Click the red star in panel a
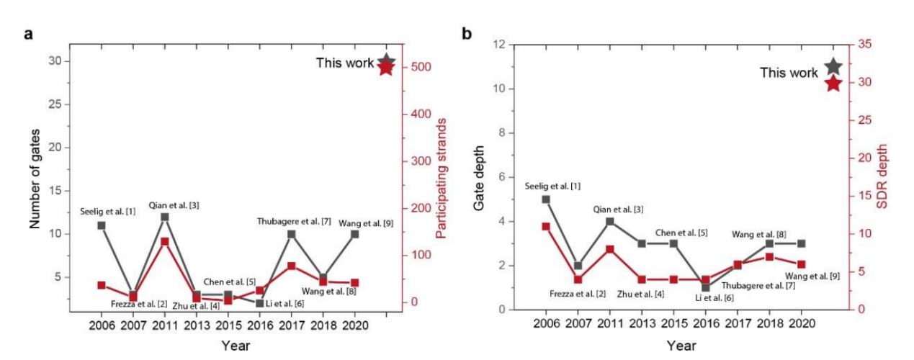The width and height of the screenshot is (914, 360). coord(386,68)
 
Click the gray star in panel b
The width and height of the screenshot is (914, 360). coord(833,67)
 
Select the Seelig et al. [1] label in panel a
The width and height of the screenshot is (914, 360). coord(107,211)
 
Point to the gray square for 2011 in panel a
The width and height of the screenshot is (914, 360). coord(165,217)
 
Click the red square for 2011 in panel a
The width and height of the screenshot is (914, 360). coord(165,242)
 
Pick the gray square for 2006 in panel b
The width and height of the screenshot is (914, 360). coord(546,199)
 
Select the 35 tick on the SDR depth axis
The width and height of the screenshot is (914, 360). coord(860,45)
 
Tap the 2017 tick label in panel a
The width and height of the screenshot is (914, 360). coord(291,325)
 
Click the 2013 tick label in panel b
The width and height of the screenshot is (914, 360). coord(641,324)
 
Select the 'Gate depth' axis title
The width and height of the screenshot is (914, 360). coord(479,177)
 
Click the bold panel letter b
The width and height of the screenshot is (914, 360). coord(467,34)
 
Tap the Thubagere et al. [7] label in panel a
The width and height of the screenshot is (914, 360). coord(294,221)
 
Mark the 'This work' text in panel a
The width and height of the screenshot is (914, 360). coord(344,63)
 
